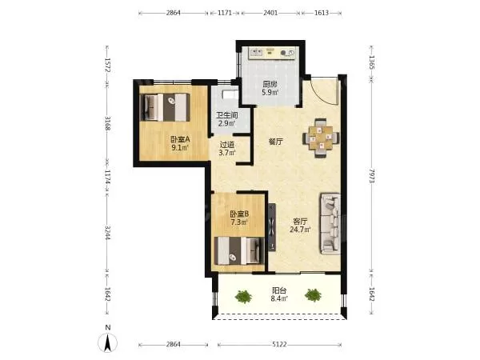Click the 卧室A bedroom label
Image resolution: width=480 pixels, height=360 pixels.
[x=180, y=139]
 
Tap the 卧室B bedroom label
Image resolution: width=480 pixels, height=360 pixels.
[x=239, y=214]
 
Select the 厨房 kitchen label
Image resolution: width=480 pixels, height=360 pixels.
[x=270, y=84]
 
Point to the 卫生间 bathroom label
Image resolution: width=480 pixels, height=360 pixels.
[x=227, y=115]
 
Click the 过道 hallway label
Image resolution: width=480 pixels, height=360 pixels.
[x=227, y=144]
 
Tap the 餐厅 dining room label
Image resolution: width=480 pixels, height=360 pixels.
[x=275, y=142]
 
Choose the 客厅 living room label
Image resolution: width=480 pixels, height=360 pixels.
[x=300, y=221]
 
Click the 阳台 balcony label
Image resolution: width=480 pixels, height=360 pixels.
[x=279, y=290]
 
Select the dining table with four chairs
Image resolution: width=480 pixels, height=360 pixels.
[x=321, y=138]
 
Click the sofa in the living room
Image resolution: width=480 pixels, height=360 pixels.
[x=330, y=223]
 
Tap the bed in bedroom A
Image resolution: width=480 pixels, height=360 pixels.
[x=165, y=107]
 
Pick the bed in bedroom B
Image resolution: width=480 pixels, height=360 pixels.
[x=239, y=251]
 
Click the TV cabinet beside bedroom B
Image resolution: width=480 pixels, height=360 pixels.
[x=271, y=227]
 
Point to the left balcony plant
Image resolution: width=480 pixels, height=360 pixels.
[x=243, y=296]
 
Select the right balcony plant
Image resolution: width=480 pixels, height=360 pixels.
[x=313, y=295]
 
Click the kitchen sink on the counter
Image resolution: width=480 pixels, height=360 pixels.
[x=256, y=53]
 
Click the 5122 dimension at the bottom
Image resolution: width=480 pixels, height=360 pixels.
[x=279, y=345]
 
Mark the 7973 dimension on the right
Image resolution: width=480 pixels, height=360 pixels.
[x=372, y=176]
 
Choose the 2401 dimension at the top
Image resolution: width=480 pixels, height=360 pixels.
[x=270, y=13]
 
